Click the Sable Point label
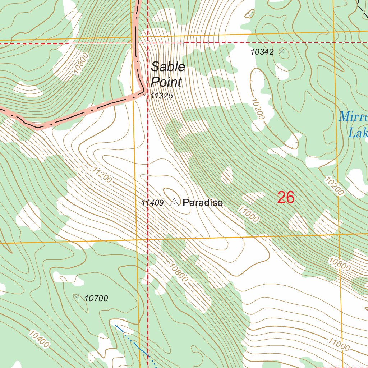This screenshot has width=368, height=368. pos(167,74)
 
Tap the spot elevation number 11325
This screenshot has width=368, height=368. pos(162,96)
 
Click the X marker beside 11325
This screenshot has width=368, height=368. pos(144,95)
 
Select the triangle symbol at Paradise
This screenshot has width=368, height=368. pos(174,203)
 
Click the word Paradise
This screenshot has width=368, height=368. pos(203,203)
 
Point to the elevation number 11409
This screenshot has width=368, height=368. pos(152,203)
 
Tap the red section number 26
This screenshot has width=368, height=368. pos(286,198)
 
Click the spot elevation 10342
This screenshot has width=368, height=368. pos(262,52)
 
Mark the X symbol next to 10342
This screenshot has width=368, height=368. pos(282,51)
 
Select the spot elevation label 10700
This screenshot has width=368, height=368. pos(96,298)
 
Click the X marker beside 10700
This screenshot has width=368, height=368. pos(76,297)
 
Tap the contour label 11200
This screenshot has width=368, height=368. pos(102,175)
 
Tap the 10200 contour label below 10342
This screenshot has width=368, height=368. pos(257,109)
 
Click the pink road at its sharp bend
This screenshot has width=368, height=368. pos(142,92)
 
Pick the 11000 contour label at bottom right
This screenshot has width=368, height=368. pos(339,344)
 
